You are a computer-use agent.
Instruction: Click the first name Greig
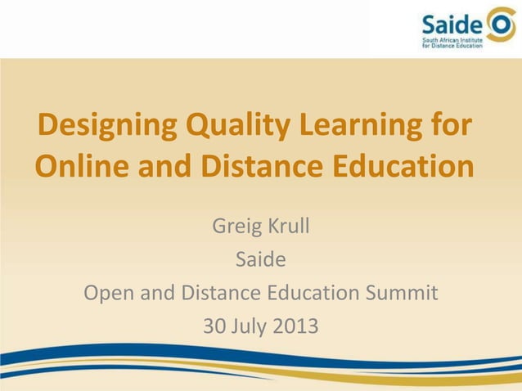234,225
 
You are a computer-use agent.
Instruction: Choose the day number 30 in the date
214,326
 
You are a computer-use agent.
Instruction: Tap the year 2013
296,326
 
